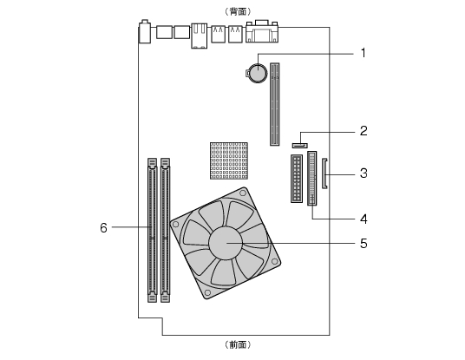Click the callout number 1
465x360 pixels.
click(x=363, y=54)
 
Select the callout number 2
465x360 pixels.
click(x=363, y=131)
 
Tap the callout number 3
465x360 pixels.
click(x=363, y=173)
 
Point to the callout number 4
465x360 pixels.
click(x=363, y=219)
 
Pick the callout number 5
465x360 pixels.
click(x=363, y=244)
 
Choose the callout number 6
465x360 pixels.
click(x=103, y=228)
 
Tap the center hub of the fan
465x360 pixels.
click(x=226, y=243)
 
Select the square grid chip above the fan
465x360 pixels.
click(x=229, y=160)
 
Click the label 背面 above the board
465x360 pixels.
click(x=238, y=11)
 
